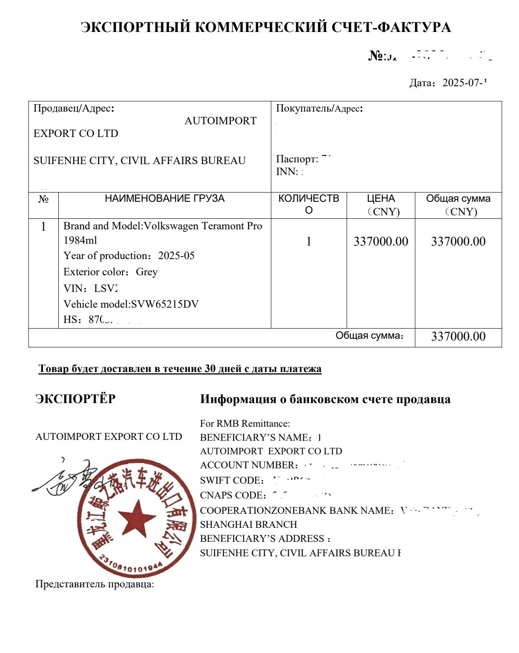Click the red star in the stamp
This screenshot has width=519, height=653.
point(137,519)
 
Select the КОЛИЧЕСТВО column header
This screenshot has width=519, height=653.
point(308,204)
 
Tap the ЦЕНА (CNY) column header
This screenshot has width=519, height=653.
point(381,205)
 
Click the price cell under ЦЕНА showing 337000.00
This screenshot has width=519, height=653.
point(381,242)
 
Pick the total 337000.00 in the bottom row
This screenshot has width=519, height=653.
point(458,337)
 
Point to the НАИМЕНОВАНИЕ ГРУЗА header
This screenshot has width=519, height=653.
point(164,199)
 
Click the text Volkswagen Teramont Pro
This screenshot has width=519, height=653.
point(203,226)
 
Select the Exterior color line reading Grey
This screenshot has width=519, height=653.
point(110,272)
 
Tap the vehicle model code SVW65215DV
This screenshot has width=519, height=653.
point(165,304)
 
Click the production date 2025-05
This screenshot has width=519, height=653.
point(176,256)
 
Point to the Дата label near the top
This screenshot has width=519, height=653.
point(421,83)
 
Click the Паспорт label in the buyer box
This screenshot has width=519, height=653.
point(297,159)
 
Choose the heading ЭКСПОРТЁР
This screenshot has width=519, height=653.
point(75,399)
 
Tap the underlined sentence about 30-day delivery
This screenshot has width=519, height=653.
point(180,369)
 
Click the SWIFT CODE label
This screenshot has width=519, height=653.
point(231,481)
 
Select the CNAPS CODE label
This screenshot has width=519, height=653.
point(233,495)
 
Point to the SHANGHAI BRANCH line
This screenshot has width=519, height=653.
point(248,524)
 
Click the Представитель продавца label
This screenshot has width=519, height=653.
point(94,584)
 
